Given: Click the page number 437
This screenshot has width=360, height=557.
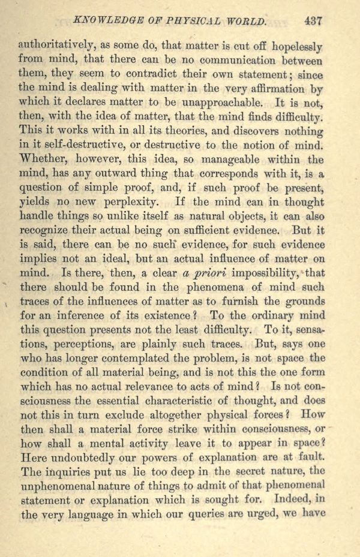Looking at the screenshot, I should (313, 20).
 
